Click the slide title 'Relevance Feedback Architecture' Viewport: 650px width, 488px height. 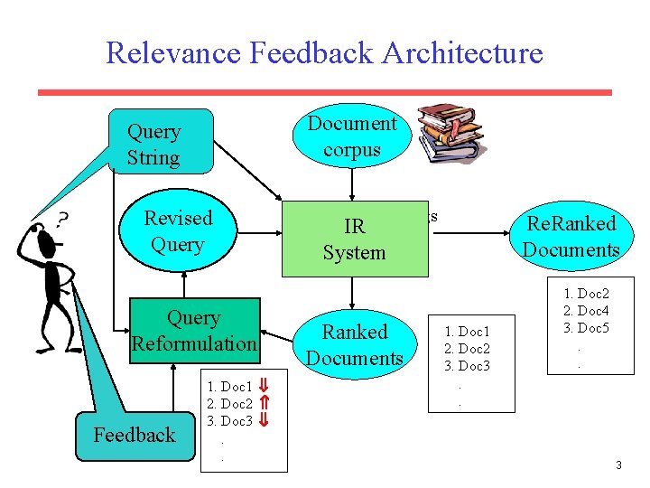coord(324,52)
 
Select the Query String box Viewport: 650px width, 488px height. coord(160,143)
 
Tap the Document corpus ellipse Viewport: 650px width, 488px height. coord(352,136)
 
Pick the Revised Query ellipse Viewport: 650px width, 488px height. coord(178,231)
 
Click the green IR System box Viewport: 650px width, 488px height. coord(354,239)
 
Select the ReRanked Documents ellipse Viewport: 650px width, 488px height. coord(571,237)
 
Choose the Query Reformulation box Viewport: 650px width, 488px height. coord(194,331)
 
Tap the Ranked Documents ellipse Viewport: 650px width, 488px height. coord(354,345)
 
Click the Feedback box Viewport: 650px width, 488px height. coord(135,435)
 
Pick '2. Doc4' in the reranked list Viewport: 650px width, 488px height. coord(586,311)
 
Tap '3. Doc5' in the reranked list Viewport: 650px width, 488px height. coord(586,327)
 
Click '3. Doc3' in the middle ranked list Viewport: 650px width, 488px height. coord(466,365)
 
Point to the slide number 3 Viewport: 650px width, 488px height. coord(618,465)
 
